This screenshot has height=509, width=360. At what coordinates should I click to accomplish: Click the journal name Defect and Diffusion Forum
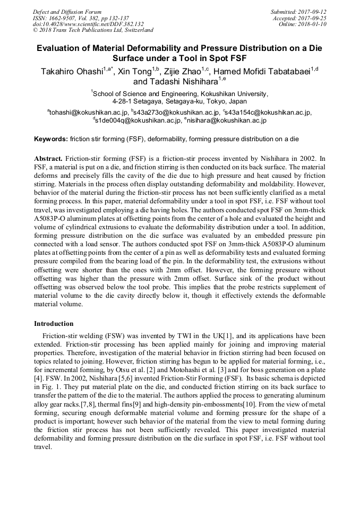click(x=66, y=12)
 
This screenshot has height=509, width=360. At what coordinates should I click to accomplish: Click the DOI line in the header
click(x=88, y=24)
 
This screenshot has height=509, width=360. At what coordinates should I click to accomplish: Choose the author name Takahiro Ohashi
click(x=72, y=71)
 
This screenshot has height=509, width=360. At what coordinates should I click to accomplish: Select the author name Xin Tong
click(x=134, y=71)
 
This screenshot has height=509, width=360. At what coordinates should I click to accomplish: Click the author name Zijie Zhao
click(x=181, y=71)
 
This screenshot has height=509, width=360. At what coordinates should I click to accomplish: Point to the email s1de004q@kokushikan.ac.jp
click(x=139, y=120)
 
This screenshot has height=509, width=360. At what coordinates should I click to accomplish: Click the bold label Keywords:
click(x=50, y=140)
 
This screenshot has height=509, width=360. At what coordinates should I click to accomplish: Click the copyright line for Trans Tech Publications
click(x=93, y=30)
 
